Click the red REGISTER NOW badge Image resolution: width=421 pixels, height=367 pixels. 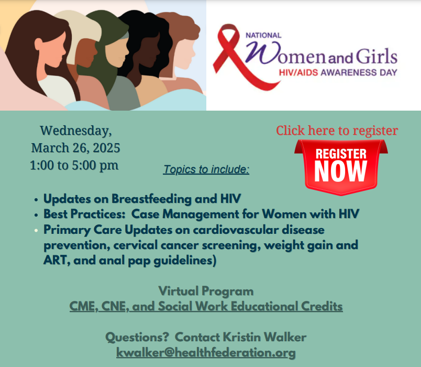(341, 167)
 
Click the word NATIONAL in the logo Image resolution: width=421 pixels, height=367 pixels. (263, 35)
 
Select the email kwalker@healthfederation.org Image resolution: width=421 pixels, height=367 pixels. (206, 352)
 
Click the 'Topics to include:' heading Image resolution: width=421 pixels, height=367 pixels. (206, 169)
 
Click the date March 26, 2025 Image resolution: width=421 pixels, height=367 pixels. (75, 148)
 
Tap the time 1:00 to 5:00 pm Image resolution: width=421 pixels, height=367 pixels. (74, 165)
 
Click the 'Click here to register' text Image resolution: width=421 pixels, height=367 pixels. (337, 131)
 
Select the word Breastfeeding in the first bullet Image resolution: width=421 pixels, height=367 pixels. (151, 199)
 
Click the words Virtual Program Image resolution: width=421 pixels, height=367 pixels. (206, 292)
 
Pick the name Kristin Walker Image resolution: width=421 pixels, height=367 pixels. (265, 337)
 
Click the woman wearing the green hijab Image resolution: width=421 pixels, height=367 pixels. (107, 54)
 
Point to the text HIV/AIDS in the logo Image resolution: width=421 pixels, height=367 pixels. (298, 72)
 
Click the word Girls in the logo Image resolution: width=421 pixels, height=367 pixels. (376, 57)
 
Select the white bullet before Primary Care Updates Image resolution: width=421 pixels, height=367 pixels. (36, 230)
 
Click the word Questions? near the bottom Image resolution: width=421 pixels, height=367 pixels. (137, 337)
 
